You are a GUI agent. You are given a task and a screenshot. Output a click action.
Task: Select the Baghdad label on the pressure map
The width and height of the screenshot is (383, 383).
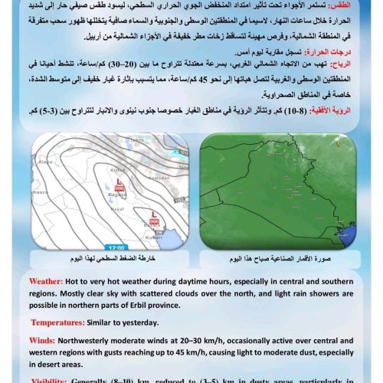[119, 195]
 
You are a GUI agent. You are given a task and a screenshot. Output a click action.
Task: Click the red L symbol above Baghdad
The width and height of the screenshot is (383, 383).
[119, 182]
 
